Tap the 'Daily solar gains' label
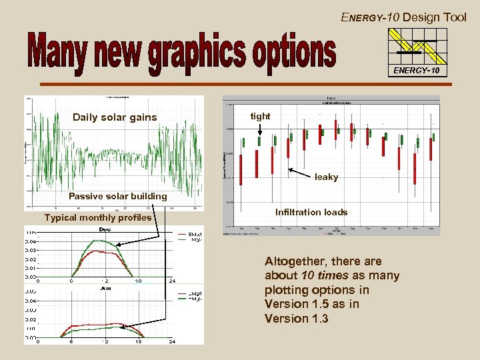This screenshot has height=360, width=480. (x=115, y=117)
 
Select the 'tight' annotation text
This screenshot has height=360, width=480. (x=260, y=116)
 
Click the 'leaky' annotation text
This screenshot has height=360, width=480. (x=327, y=177)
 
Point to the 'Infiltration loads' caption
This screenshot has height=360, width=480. (x=311, y=212)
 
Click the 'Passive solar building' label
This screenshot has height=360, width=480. (x=118, y=196)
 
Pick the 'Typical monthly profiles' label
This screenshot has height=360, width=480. (x=98, y=217)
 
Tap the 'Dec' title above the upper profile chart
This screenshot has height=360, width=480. (x=105, y=229)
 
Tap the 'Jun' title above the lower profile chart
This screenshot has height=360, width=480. (x=105, y=288)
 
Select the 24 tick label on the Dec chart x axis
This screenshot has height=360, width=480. (x=171, y=281)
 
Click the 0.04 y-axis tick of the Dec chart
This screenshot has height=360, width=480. (x=31, y=241)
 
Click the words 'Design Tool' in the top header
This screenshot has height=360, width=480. (x=434, y=17)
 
